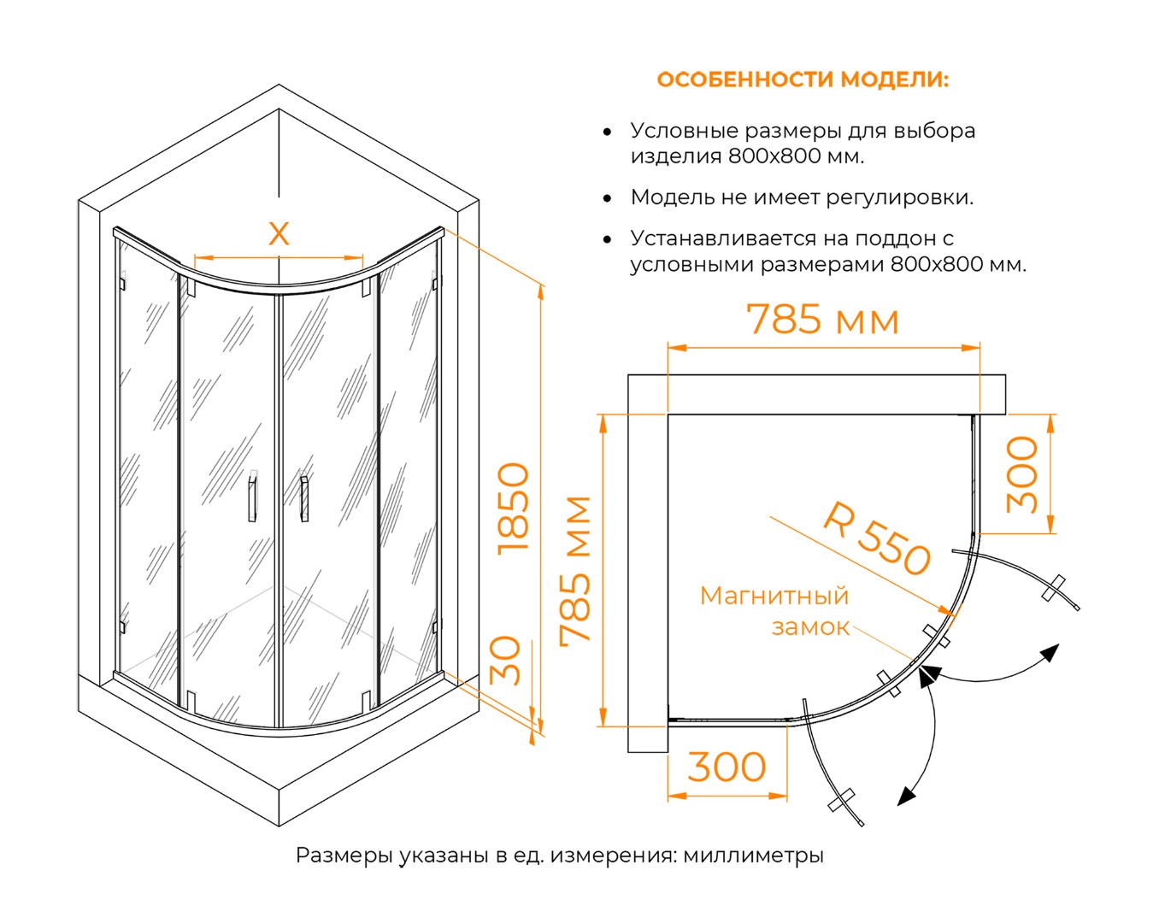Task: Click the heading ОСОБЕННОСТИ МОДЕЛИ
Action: [x=802, y=79]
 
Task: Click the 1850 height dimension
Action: [x=515, y=508]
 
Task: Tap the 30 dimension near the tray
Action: [x=507, y=661]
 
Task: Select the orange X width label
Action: [x=279, y=233]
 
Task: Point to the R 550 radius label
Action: [x=877, y=540]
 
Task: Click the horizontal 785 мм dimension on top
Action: [x=823, y=320]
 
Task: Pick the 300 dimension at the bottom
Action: [x=727, y=767]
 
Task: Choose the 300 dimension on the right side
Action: [x=1022, y=474]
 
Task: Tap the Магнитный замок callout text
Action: [x=774, y=611]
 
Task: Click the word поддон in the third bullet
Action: [x=885, y=238]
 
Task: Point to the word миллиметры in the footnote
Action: [x=753, y=855]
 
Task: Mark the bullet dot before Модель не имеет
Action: [x=607, y=198]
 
